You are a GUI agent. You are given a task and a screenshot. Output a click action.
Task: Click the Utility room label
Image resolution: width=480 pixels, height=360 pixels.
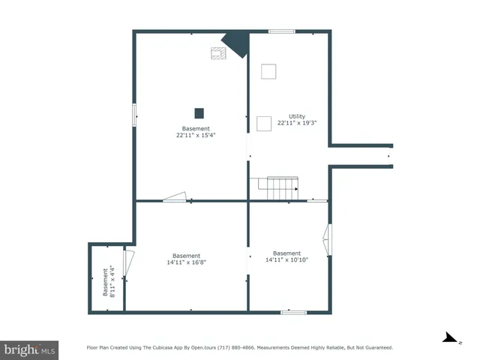(x=297, y=116)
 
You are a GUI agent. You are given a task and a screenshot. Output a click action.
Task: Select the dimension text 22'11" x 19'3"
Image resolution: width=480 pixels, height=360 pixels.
(x=297, y=123)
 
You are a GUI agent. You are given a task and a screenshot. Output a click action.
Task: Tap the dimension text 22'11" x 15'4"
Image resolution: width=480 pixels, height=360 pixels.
(x=196, y=135)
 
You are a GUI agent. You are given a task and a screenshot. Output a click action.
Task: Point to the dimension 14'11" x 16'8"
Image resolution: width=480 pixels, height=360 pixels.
(x=186, y=262)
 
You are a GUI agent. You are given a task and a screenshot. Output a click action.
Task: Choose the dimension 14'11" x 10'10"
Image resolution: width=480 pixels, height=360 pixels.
(x=286, y=259)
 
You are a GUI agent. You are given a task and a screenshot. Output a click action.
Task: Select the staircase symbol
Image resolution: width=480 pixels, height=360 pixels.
(x=282, y=187)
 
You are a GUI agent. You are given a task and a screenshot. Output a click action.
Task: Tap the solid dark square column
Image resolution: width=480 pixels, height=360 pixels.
(x=199, y=113)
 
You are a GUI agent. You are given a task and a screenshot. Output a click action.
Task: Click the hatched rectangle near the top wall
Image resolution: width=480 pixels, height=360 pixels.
(x=218, y=53)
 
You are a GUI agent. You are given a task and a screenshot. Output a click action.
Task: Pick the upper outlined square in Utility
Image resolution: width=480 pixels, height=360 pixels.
(x=268, y=71)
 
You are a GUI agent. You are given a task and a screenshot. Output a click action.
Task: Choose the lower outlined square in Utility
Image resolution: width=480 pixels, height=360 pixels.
(x=264, y=124)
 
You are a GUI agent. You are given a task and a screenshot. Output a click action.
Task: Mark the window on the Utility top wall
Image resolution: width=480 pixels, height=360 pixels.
(x=282, y=31)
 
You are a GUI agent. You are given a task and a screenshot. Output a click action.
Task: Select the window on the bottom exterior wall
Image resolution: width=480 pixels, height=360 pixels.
(x=293, y=312)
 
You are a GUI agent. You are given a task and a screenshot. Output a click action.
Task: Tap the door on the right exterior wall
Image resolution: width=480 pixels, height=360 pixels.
(x=326, y=239)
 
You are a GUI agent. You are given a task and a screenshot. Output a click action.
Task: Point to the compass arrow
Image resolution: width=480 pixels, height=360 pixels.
(x=450, y=338)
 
